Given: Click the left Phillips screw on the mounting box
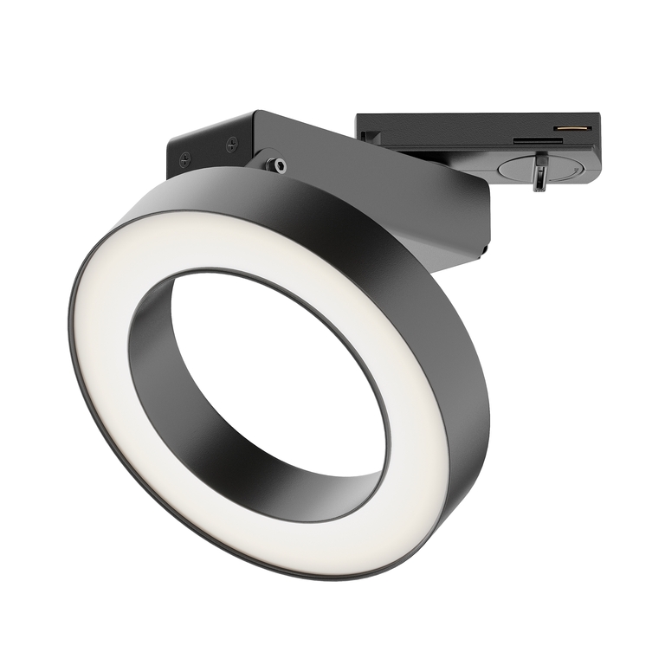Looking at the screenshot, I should (184, 159).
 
